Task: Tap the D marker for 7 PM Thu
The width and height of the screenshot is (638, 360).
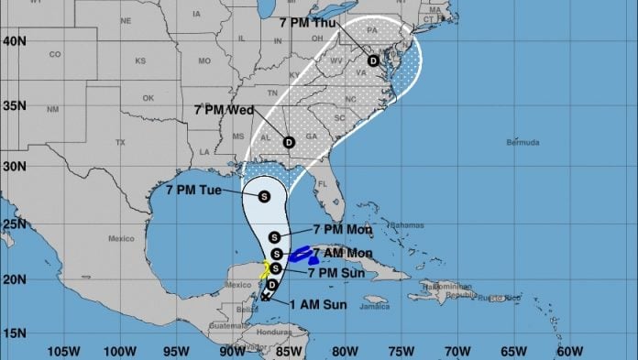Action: coord(373,60)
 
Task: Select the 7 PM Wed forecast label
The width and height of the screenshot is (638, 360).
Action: coord(223,110)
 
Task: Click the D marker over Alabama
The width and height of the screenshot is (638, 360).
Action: coord(289,142)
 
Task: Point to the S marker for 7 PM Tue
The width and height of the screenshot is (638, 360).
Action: coord(264,195)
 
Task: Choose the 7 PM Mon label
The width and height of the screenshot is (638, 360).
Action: coord(342,229)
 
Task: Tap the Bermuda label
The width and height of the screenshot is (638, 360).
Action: coord(522,143)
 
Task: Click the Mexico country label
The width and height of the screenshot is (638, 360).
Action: coord(121,238)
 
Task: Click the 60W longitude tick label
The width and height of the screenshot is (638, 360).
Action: coord(569,350)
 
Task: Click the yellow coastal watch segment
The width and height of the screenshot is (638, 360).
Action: coord(265,269)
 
